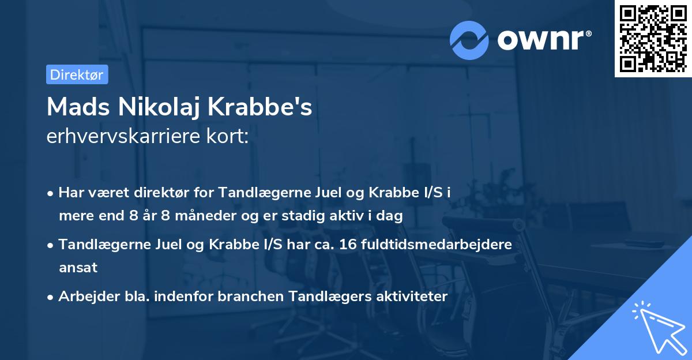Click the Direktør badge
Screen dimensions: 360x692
click(77, 74)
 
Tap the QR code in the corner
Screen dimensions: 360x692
click(653, 39)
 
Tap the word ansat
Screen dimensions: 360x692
click(78, 267)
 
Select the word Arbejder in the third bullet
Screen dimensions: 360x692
click(83, 297)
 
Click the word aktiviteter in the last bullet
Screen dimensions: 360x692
click(409, 297)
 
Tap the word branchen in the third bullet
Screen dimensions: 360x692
click(232, 297)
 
